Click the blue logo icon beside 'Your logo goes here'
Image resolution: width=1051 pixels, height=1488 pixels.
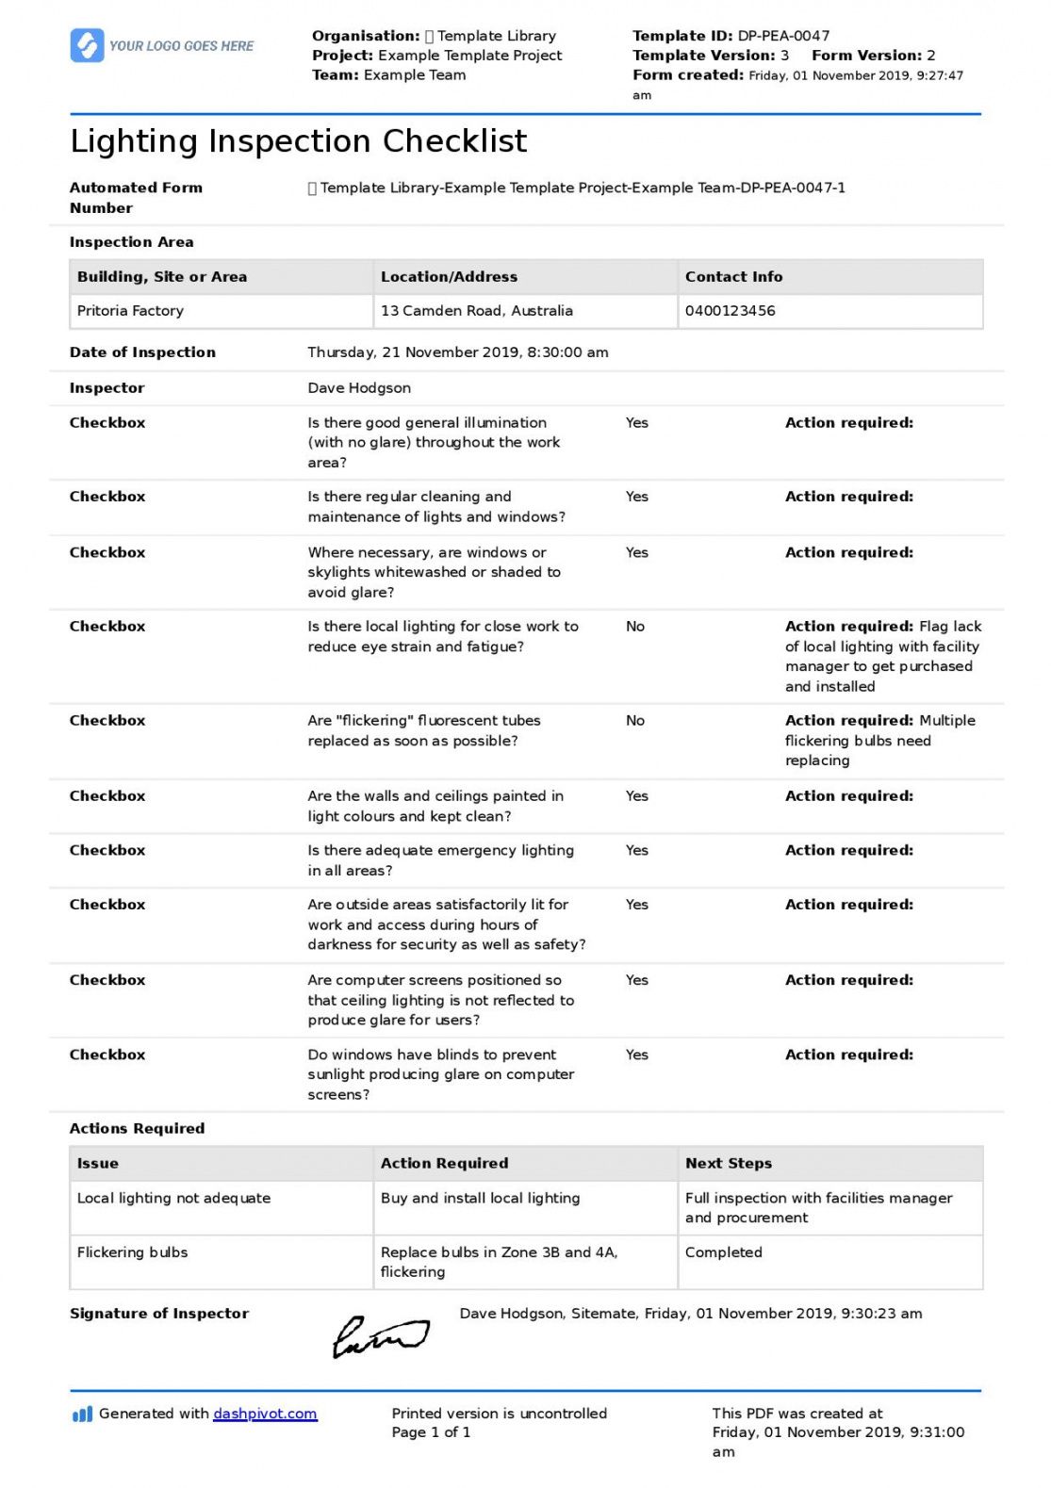87,45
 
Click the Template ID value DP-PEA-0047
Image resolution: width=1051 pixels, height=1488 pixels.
783,36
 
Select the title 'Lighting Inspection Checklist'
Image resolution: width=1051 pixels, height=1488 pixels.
298,141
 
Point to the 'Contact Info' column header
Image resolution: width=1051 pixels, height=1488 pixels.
733,277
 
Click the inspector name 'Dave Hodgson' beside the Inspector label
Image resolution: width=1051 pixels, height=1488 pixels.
359,388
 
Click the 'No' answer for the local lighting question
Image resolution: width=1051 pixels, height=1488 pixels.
635,627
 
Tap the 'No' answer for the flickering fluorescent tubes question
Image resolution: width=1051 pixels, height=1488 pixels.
635,721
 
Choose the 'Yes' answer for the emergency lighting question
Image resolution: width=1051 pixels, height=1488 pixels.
636,850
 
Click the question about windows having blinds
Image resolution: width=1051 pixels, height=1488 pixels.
439,1074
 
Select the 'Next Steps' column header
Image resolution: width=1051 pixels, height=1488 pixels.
728,1164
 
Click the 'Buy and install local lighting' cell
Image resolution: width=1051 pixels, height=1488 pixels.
480,1199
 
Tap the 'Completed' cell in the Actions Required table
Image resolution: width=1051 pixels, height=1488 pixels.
723,1252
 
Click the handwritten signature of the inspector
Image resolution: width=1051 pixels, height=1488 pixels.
380,1336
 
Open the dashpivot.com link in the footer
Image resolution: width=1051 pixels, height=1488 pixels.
265,1414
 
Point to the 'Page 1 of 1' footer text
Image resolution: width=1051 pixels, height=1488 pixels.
431,1432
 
